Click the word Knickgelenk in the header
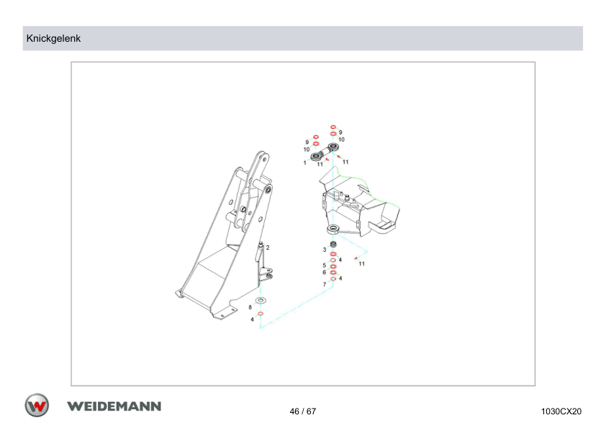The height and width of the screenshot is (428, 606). tap(53, 39)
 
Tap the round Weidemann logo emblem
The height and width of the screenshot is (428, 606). tap(37, 406)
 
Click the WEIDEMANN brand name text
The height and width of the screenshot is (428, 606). tap(114, 406)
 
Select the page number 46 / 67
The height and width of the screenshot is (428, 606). tap(302, 411)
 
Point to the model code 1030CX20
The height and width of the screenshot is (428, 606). tap(561, 411)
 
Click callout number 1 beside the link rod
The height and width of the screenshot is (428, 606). tap(304, 163)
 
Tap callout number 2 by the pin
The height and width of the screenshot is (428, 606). tap(268, 247)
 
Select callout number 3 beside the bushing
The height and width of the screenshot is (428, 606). tap(325, 250)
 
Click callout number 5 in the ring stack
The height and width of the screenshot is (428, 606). tap(325, 265)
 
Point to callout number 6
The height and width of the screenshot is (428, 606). tap(325, 273)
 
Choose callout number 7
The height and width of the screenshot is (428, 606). tap(325, 284)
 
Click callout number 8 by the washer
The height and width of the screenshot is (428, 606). tap(250, 307)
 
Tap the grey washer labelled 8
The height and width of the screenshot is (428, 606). tap(261, 300)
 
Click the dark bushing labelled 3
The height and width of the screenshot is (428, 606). tap(333, 244)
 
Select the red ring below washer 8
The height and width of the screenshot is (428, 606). tap(261, 314)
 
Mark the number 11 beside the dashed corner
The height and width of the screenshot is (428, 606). tap(362, 264)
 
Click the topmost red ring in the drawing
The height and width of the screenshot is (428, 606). tap(333, 127)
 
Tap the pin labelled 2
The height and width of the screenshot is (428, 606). tap(261, 251)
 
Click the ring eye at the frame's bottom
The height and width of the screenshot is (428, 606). tap(333, 229)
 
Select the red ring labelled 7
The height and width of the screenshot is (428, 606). tap(333, 279)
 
